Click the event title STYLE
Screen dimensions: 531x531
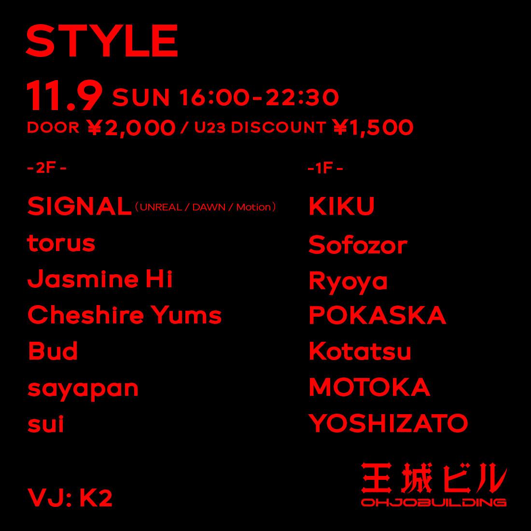(x=102, y=41)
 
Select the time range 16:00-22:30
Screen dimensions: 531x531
(x=259, y=98)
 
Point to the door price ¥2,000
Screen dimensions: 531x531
(x=131, y=128)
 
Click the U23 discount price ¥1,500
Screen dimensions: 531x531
(x=373, y=127)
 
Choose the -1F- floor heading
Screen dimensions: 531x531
(x=325, y=168)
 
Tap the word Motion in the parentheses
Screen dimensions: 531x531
(x=253, y=208)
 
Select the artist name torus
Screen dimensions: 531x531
(x=61, y=243)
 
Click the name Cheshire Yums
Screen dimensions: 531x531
(x=125, y=316)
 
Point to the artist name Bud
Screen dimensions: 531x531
(x=53, y=351)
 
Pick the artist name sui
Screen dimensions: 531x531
(x=46, y=425)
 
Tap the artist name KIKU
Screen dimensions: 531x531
(x=341, y=207)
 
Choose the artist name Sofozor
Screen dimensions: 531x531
(x=358, y=245)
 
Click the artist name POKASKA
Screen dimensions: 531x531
(x=377, y=316)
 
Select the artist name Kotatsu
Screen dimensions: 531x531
(x=360, y=351)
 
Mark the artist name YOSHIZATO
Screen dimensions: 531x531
(x=388, y=424)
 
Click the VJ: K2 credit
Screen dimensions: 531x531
(x=70, y=498)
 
